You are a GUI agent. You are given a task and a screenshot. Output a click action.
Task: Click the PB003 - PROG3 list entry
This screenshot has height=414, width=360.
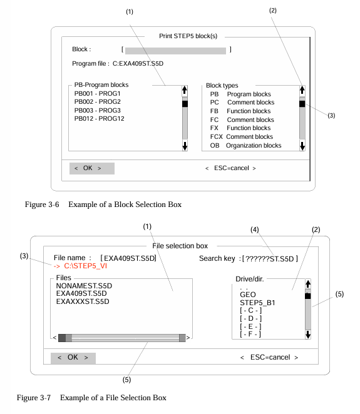tap(97, 110)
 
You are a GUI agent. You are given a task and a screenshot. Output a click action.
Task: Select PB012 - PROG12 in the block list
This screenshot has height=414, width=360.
tap(99, 119)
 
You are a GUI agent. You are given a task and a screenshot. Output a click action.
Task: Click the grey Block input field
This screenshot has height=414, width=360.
tap(175, 51)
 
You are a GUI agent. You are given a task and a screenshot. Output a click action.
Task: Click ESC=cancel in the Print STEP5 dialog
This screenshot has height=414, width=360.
tap(230, 168)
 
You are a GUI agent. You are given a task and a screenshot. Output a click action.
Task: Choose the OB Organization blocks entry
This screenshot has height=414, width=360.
tap(245, 146)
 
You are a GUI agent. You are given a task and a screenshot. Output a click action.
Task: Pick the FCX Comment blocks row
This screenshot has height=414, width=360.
tap(241, 137)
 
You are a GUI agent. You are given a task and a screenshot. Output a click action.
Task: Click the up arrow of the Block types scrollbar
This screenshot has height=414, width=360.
tap(302, 91)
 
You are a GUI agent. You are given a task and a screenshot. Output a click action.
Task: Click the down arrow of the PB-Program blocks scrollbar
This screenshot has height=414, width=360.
tap(185, 146)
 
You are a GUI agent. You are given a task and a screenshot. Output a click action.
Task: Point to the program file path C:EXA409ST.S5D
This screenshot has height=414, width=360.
tap(138, 64)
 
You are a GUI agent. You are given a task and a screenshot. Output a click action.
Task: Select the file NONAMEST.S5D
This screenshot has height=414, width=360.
tap(84, 286)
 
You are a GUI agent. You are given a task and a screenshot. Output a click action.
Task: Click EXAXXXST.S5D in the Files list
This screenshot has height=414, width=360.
tap(83, 301)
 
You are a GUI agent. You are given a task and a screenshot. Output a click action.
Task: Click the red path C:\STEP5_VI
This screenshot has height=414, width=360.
tap(85, 266)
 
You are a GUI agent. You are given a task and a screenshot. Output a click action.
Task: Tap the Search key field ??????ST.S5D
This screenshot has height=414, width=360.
tap(270, 259)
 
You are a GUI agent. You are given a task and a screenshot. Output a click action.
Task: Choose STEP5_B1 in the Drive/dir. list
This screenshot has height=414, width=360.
tap(257, 303)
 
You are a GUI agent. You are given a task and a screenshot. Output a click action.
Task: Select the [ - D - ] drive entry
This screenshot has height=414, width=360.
tap(250, 318)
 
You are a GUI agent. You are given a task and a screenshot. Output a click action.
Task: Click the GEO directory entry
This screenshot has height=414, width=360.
tap(248, 295)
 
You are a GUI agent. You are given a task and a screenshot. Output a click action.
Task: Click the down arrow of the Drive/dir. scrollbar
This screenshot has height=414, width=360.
tap(308, 334)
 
